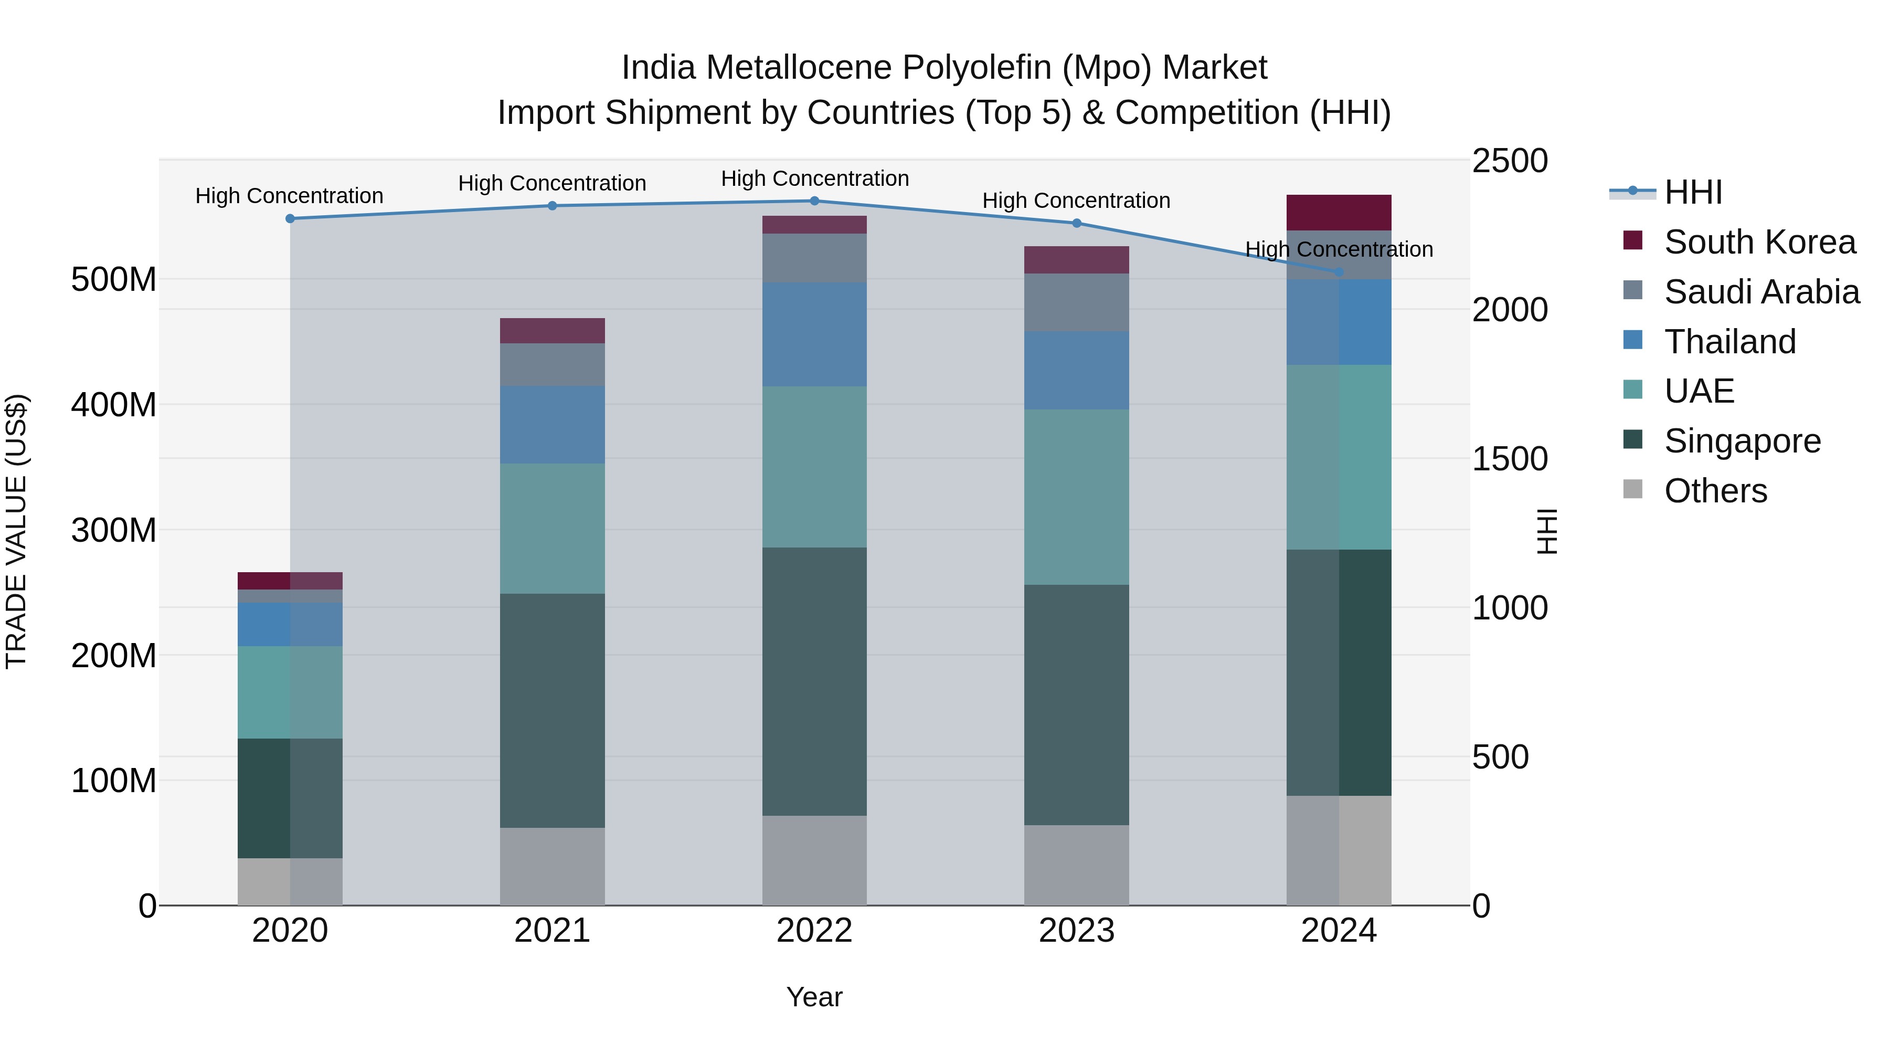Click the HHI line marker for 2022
tap(814, 201)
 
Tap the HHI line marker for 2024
tap(1339, 272)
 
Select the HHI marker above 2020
tap(290, 218)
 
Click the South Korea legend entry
tap(1759, 242)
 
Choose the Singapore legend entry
tap(1742, 441)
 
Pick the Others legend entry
tap(1715, 491)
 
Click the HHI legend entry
tap(1692, 192)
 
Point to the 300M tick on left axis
tap(114, 530)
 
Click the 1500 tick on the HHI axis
tap(1509, 459)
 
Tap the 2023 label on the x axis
tap(1077, 931)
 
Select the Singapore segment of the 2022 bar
tap(814, 681)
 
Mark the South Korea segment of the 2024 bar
tap(1339, 213)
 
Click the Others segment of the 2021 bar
tap(552, 866)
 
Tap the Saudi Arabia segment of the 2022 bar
tap(814, 258)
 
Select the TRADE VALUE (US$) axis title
tap(16, 531)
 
